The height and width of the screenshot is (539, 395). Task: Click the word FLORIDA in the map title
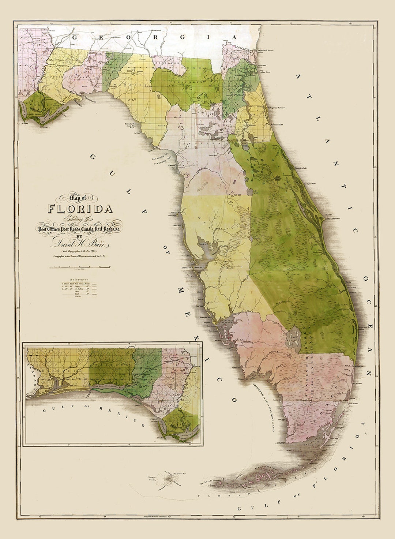click(x=80, y=209)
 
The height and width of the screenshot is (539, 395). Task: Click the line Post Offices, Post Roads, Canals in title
click(x=80, y=229)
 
